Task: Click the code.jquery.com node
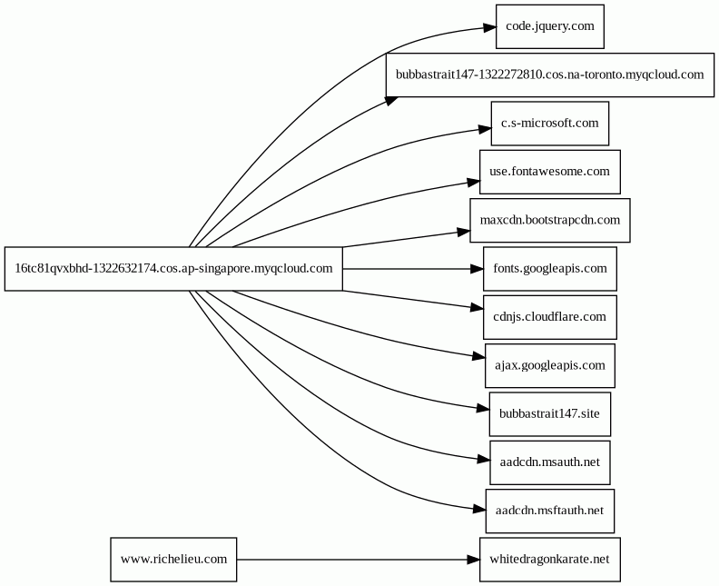point(549,25)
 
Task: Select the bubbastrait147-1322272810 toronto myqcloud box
point(549,74)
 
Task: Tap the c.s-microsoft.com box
point(549,123)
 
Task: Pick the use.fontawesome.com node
point(549,172)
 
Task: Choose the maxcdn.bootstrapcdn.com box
point(549,220)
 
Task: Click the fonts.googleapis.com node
point(549,269)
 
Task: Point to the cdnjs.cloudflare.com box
point(549,317)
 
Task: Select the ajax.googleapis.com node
point(549,365)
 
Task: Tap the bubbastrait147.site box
point(549,414)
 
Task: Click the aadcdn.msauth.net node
point(549,462)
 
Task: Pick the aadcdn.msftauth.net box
point(549,511)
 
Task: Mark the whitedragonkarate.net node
point(549,560)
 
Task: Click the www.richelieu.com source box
point(173,560)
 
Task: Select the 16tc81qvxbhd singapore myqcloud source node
point(173,269)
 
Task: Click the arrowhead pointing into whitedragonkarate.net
point(471,560)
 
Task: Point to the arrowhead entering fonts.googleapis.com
point(475,269)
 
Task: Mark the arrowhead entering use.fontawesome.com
point(471,182)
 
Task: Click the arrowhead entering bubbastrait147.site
point(481,411)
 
